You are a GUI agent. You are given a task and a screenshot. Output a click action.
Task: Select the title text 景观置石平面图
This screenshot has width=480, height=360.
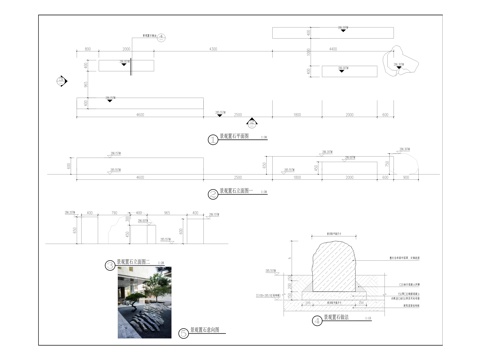[234, 139]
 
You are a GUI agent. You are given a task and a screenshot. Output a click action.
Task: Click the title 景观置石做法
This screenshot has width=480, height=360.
[336, 320]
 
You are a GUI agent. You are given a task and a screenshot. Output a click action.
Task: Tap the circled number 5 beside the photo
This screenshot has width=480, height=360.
[183, 333]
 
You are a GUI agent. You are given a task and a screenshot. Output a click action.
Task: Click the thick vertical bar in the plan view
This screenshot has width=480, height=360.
[130, 65]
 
